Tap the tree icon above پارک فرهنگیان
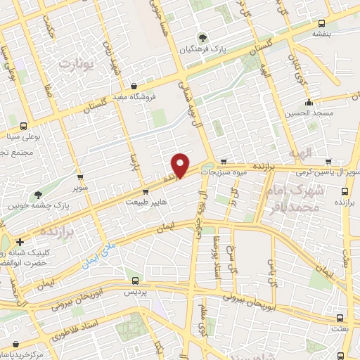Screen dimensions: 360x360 pos(202,37)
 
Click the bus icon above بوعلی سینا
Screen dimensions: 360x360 pos(24,127)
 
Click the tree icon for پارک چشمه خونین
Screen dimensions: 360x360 pos(38,195)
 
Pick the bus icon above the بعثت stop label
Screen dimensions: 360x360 pos(340,318)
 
